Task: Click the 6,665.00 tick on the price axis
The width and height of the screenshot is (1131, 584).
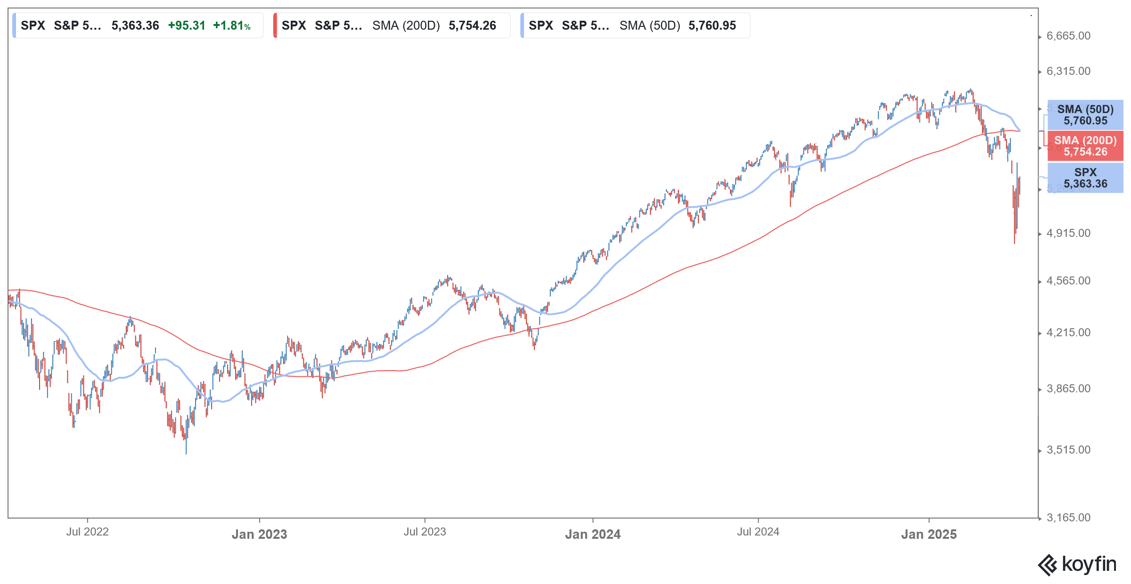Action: (1068, 36)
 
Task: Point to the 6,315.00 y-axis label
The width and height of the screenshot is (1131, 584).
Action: (1068, 72)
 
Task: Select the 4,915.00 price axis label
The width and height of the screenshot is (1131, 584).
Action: (1068, 234)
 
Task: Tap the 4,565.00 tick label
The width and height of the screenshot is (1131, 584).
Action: (1068, 281)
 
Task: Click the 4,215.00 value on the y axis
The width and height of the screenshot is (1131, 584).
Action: (1068, 333)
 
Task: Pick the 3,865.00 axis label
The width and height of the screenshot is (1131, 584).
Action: (1068, 389)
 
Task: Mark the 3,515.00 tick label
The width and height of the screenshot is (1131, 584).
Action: (1068, 450)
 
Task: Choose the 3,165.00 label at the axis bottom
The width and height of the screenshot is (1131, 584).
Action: (1068, 518)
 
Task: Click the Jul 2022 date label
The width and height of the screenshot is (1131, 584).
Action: (88, 532)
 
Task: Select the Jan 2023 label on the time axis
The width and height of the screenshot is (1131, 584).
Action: (260, 535)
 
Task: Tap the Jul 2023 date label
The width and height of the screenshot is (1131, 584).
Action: (425, 532)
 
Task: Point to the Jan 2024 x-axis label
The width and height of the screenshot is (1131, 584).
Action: (593, 535)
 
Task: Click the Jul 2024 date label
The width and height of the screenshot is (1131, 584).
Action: (758, 532)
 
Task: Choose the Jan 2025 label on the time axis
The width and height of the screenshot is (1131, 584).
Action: (929, 535)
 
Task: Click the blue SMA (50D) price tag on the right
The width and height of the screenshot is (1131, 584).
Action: (1085, 115)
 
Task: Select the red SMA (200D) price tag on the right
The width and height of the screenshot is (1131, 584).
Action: (1085, 146)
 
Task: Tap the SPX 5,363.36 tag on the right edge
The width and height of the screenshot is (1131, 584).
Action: (1085, 178)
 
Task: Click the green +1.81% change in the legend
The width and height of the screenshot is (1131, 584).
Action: (232, 26)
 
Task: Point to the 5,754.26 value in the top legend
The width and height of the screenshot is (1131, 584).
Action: (472, 26)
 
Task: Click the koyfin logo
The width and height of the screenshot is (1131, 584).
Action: (1077, 565)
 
